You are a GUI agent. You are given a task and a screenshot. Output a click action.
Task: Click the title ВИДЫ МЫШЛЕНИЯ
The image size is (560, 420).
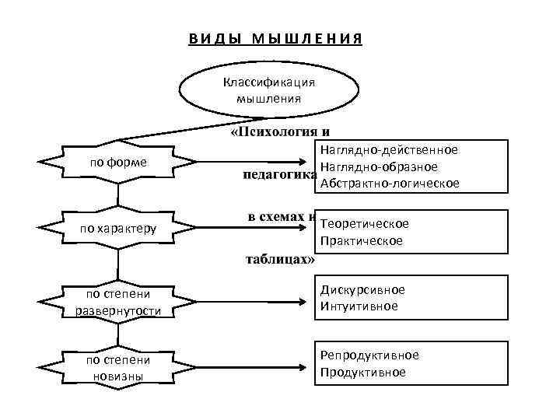tap(275, 40)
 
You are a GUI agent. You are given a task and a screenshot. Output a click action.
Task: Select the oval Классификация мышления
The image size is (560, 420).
tap(268, 90)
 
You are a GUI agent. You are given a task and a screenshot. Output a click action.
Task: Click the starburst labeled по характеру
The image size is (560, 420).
tap(119, 229)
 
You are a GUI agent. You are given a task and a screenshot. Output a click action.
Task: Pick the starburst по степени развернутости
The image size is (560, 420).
tap(119, 303)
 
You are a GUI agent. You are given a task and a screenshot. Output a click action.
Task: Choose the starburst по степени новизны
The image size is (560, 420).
tap(119, 368)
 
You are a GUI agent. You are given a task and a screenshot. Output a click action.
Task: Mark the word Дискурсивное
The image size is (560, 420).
tap(362, 289)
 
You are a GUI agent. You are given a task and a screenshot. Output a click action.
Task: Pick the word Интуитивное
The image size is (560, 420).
tap(359, 306)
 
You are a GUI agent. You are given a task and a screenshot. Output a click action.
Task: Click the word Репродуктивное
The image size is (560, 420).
tap(369, 355)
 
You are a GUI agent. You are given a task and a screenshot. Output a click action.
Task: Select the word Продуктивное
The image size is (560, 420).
tap(362, 373)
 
